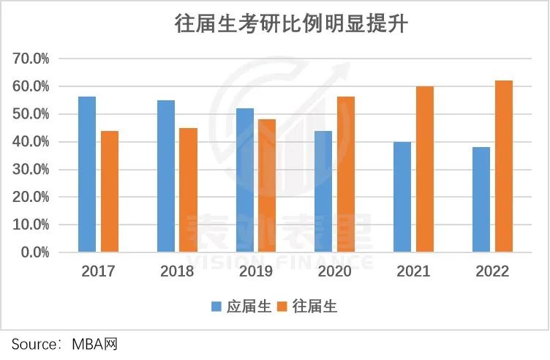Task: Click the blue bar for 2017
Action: point(87,174)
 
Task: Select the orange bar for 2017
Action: point(110,192)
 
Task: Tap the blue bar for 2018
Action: point(166,176)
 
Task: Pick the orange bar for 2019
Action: point(267,186)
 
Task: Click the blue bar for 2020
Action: point(323,192)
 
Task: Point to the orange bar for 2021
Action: point(424,169)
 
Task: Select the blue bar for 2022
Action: point(481,200)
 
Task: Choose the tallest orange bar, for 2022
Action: point(504,166)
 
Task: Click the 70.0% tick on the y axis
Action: point(31,59)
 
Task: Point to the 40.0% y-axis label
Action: point(31,142)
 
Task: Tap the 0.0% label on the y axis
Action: point(34,252)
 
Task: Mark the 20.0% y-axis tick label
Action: point(31,198)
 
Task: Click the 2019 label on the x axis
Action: point(255,271)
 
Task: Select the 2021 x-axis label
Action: point(413,271)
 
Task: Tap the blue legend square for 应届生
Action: point(217,306)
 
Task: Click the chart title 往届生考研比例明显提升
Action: point(290,24)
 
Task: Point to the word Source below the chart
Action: point(34,344)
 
